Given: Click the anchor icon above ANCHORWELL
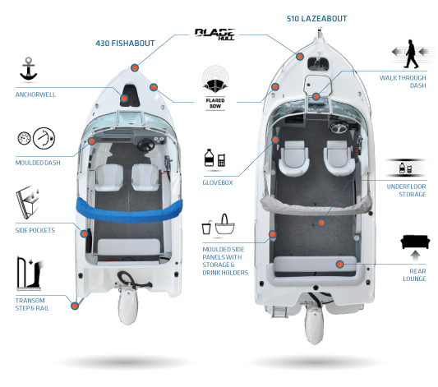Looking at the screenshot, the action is click(28, 69).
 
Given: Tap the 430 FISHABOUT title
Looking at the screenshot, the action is click(125, 44).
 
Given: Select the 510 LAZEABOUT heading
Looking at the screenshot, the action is click(316, 19).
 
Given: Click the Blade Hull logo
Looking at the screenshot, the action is click(215, 35).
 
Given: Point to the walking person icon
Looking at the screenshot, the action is click(411, 54).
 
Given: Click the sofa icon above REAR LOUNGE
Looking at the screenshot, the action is click(414, 242).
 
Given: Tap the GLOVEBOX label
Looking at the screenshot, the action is click(218, 182).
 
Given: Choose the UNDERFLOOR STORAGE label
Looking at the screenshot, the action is click(406, 191).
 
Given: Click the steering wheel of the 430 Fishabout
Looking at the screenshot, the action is click(145, 145).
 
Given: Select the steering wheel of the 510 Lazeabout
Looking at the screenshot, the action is click(339, 127).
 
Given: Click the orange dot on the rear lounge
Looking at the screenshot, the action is click(339, 264).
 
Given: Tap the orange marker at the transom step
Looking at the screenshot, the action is click(75, 306).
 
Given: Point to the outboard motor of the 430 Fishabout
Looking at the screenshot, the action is click(127, 306).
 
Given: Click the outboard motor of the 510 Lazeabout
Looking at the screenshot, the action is click(314, 324).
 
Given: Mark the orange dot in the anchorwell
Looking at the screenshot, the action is click(124, 98).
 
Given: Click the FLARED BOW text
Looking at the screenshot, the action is click(215, 103).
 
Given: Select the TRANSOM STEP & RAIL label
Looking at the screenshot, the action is click(32, 304).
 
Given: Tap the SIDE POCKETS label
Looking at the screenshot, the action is click(35, 230).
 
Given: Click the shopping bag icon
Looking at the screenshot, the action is click(224, 224).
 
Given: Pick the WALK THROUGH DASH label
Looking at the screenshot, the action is click(403, 81).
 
